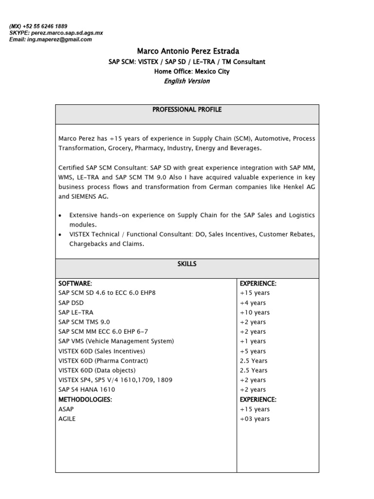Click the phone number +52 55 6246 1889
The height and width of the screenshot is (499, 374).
coord(47,26)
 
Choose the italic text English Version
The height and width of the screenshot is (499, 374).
coord(187,81)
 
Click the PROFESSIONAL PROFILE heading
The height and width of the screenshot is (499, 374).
coord(187,110)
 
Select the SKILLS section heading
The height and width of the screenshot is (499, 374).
coord(187,264)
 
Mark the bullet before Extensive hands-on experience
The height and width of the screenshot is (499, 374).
coord(60,215)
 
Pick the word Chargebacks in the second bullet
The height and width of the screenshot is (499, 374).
coord(88,244)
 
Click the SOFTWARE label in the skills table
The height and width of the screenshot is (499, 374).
coord(75,284)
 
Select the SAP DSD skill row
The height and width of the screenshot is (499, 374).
coord(71,303)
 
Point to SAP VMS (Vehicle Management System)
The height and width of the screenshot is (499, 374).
coord(116,341)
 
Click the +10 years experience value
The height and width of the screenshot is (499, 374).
coord(255,312)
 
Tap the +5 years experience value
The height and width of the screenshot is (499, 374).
coord(253,351)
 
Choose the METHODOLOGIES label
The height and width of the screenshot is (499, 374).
coord(85,400)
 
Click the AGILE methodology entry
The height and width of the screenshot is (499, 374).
coord(67,419)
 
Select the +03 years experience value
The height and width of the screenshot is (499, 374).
coord(255,419)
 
